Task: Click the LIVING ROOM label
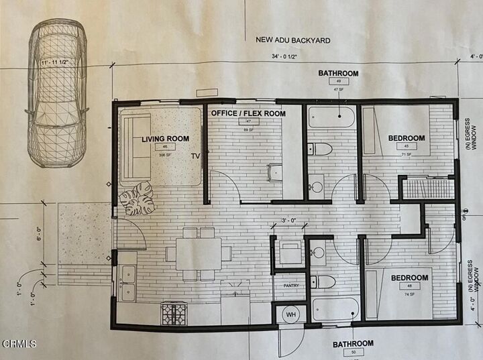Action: point(165,139)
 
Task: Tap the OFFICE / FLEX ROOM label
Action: point(248,113)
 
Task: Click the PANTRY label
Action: point(290,285)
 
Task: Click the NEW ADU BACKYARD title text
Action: point(293,40)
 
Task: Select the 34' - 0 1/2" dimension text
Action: point(290,57)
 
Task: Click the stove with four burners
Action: point(174,312)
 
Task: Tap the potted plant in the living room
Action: point(137,198)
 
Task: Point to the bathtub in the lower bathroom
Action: point(335,308)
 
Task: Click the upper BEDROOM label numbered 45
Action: point(407,138)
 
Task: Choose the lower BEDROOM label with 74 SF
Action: point(409,277)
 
